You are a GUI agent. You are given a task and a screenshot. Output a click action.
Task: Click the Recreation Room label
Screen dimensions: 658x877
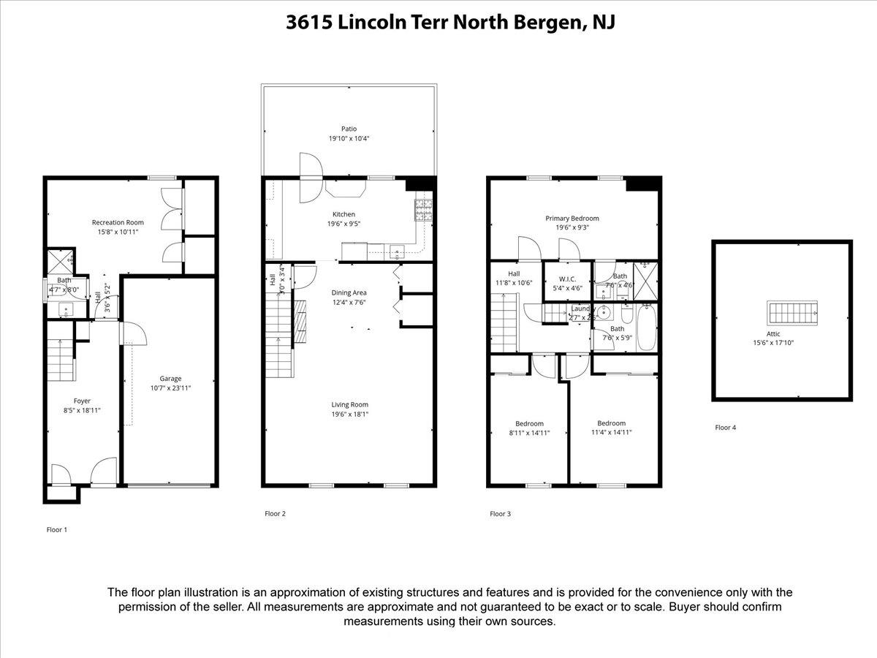118,222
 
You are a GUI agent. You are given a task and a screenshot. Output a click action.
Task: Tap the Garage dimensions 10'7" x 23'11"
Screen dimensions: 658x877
170,388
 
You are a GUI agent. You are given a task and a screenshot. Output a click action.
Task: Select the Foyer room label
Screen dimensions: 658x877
82,401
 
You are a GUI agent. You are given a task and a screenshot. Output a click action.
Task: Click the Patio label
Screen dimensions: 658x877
349,129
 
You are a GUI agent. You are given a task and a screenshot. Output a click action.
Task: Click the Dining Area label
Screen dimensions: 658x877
349,292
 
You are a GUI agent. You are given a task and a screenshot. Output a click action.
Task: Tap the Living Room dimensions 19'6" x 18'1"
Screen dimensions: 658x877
349,414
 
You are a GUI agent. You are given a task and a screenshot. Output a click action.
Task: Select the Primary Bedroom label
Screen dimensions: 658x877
572,219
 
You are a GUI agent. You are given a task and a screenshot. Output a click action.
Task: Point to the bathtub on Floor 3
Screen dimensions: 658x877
647,328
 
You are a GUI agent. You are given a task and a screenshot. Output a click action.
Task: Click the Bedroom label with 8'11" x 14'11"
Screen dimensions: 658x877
529,423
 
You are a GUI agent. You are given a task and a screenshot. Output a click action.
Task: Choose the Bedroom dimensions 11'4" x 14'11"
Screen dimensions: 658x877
611,432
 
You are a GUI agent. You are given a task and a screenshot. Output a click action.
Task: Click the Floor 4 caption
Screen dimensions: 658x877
725,428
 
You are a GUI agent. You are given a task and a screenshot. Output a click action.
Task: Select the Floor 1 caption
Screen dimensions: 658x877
56,529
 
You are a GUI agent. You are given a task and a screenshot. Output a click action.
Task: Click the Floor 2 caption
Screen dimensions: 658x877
275,514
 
